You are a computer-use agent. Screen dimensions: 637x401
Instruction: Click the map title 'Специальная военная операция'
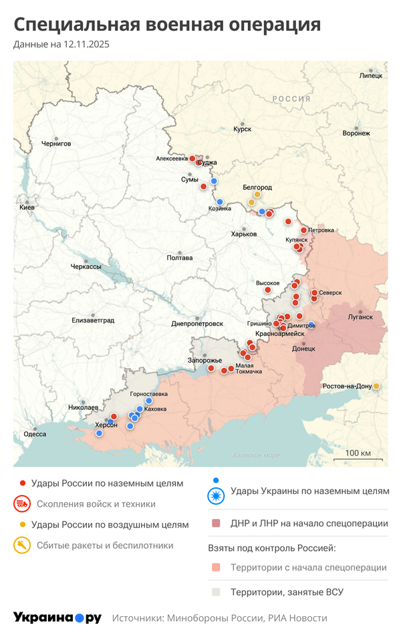(167, 25)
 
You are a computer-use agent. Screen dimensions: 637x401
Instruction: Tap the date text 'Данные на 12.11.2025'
(61, 45)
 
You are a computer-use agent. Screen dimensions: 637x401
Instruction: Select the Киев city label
(27, 208)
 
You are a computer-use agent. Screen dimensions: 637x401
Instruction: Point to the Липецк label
(371, 75)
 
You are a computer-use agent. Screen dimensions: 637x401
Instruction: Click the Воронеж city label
(356, 133)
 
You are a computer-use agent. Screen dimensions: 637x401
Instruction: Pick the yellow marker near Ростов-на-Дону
(377, 386)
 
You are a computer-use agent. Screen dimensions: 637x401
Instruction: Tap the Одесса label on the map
(35, 434)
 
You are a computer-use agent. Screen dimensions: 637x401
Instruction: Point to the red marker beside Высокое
(268, 290)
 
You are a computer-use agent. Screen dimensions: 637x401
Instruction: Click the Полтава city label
(180, 258)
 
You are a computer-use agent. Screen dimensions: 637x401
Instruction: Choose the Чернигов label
(55, 143)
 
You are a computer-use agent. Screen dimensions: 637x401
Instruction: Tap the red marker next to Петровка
(303, 230)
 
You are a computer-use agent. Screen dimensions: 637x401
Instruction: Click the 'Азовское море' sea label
(256, 455)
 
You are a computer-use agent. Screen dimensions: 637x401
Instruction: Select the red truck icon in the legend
(22, 504)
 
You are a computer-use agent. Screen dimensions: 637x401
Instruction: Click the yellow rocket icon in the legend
(22, 545)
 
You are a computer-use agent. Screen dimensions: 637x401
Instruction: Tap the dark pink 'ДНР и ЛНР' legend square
(215, 523)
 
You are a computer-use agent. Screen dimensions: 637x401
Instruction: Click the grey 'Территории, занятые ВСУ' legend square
(215, 592)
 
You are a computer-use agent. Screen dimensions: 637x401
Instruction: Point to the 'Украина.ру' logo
(57, 618)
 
